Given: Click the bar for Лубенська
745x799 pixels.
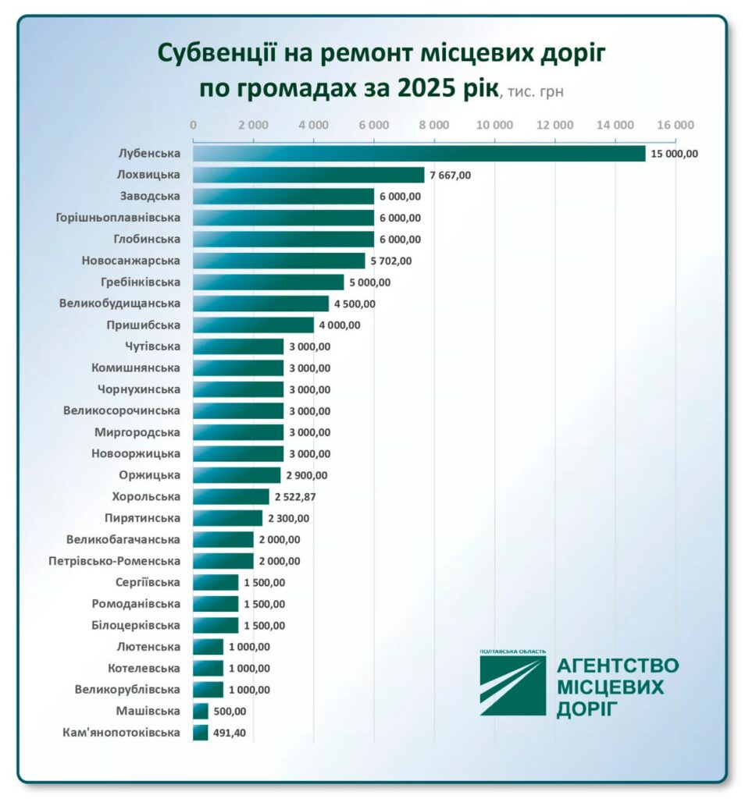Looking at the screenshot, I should [419, 154].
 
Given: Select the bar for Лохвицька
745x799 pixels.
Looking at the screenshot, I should [308, 175].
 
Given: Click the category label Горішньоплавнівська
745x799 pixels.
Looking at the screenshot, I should [119, 218].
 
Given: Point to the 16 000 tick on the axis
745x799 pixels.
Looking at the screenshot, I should [675, 125].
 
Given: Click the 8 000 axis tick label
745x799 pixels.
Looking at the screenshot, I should [434, 125].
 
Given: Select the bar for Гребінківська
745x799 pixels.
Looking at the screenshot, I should [268, 282].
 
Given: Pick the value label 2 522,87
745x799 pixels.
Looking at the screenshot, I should [294, 497].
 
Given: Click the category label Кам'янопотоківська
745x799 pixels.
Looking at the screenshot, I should [121, 733].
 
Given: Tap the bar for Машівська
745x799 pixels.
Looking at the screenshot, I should [201, 711].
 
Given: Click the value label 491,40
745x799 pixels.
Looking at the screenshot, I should [230, 733].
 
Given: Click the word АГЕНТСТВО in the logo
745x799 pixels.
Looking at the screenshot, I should [617, 666].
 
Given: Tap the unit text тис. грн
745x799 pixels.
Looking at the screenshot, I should [534, 91].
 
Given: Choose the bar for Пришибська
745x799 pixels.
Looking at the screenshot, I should [253, 325].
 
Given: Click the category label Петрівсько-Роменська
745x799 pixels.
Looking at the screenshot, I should [114, 561].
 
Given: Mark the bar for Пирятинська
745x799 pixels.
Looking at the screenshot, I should [227, 518].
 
